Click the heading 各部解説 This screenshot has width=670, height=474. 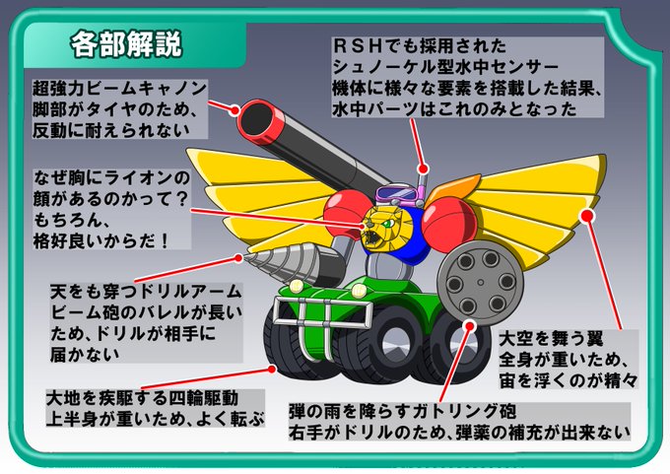pyautogui.click(x=126, y=45)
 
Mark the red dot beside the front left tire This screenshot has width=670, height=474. pyautogui.click(x=271, y=370)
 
